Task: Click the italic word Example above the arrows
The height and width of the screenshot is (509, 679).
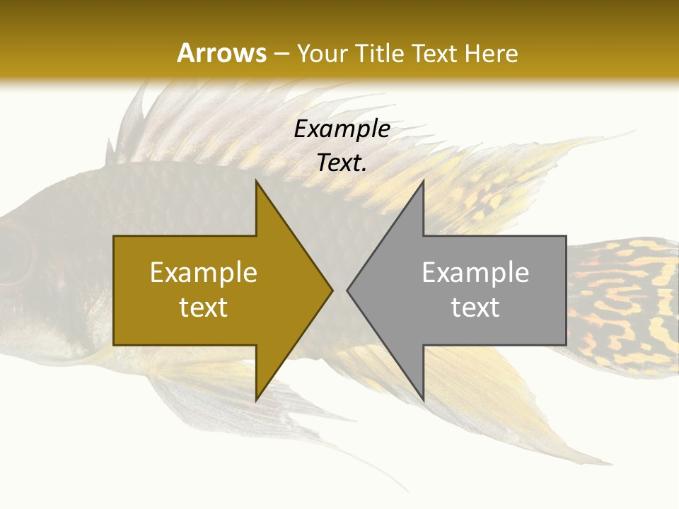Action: (x=342, y=129)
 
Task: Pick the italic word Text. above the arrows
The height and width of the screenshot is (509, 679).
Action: (x=342, y=163)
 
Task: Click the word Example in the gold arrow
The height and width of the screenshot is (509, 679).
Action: (x=204, y=272)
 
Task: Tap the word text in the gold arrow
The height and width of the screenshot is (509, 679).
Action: (x=204, y=307)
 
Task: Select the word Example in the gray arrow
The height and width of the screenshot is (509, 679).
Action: (x=475, y=272)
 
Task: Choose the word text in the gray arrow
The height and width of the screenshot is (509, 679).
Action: (x=475, y=307)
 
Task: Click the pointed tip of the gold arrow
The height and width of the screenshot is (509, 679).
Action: (x=332, y=290)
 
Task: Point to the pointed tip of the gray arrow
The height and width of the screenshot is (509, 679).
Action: (x=347, y=290)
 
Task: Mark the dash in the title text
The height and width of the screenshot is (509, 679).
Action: (x=282, y=54)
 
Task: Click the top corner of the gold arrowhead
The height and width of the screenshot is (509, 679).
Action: (x=256, y=181)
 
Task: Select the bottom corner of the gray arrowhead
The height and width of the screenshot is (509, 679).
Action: (x=423, y=399)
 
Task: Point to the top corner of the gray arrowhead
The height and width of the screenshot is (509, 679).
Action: (x=423, y=181)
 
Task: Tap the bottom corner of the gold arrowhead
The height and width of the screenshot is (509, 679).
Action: (x=256, y=399)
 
